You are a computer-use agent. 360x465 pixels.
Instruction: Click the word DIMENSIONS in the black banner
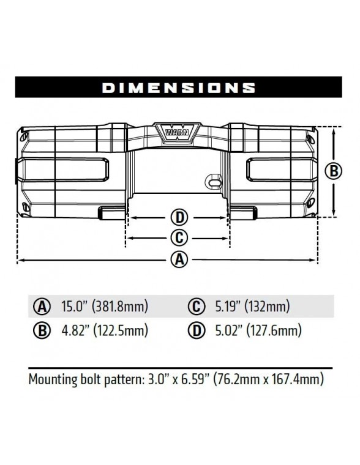pyautogui.click(x=179, y=87)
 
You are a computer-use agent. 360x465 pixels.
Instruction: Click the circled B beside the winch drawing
pyautogui.click(x=333, y=171)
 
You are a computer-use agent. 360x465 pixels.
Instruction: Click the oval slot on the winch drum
pyautogui.click(x=213, y=182)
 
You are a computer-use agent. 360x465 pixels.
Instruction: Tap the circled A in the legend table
pyautogui.click(x=42, y=307)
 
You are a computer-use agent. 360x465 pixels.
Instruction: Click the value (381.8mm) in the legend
pyautogui.click(x=120, y=307)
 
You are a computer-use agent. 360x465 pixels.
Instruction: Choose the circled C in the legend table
pyautogui.click(x=196, y=307)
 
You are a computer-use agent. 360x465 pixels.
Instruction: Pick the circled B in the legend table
pyautogui.click(x=42, y=331)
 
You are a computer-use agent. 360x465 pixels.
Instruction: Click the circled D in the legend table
pyautogui.click(x=196, y=331)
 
